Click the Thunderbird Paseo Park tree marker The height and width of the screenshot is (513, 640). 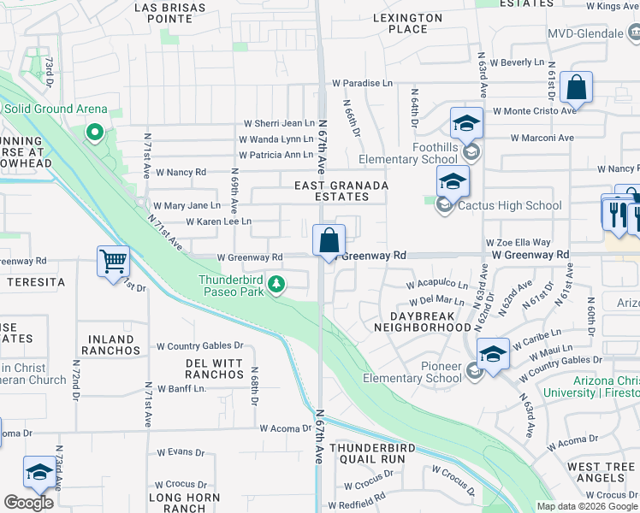[x=276, y=284]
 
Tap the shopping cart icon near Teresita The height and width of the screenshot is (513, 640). [x=113, y=262]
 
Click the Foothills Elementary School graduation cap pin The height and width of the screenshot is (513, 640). [x=466, y=125]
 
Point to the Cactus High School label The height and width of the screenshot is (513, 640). [x=509, y=205]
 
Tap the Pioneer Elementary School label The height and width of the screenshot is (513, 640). [x=412, y=373]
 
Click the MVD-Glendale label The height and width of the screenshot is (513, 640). [x=586, y=33]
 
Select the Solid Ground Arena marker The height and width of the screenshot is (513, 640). [x=95, y=133]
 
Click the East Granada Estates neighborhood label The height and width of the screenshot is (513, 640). [x=341, y=191]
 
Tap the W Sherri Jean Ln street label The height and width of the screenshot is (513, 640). [x=279, y=124]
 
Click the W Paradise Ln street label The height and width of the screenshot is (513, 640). [x=364, y=83]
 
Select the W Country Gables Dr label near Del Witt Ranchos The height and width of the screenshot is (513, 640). [x=199, y=346]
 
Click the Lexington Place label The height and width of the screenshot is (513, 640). [x=408, y=23]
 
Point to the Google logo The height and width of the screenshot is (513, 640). [x=28, y=503]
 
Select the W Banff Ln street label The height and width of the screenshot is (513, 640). [x=181, y=389]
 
